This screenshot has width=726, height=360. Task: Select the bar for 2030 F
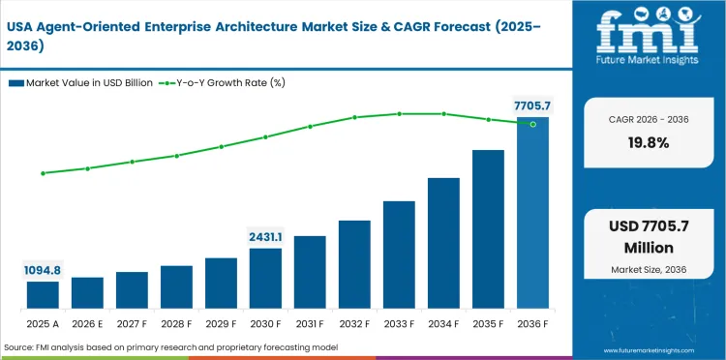pyautogui.click(x=265, y=278)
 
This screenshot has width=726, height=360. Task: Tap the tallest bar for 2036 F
pyautogui.click(x=532, y=213)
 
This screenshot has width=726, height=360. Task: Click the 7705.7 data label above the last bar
pyautogui.click(x=530, y=105)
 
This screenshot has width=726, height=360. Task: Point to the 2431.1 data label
pyautogui.click(x=265, y=236)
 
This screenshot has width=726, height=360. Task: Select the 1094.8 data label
pyautogui.click(x=43, y=270)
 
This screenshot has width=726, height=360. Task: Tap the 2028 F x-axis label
pyautogui.click(x=176, y=324)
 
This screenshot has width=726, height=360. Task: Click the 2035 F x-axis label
pyautogui.click(x=488, y=324)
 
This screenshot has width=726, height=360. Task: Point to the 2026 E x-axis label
pyautogui.click(x=87, y=324)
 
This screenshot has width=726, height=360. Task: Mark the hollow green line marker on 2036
pyautogui.click(x=532, y=124)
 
